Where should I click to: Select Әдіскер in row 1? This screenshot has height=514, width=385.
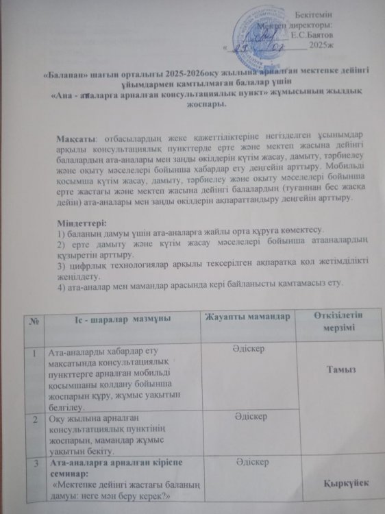point(249,348)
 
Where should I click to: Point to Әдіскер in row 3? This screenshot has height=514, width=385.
point(250,464)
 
